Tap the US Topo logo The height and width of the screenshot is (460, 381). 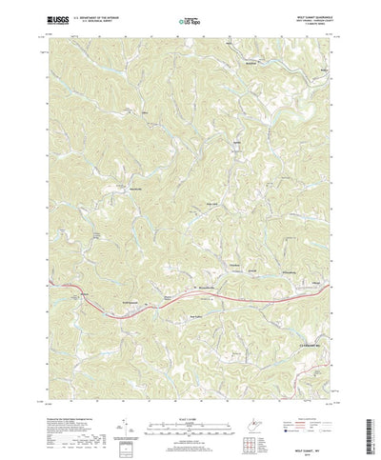[190, 18]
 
